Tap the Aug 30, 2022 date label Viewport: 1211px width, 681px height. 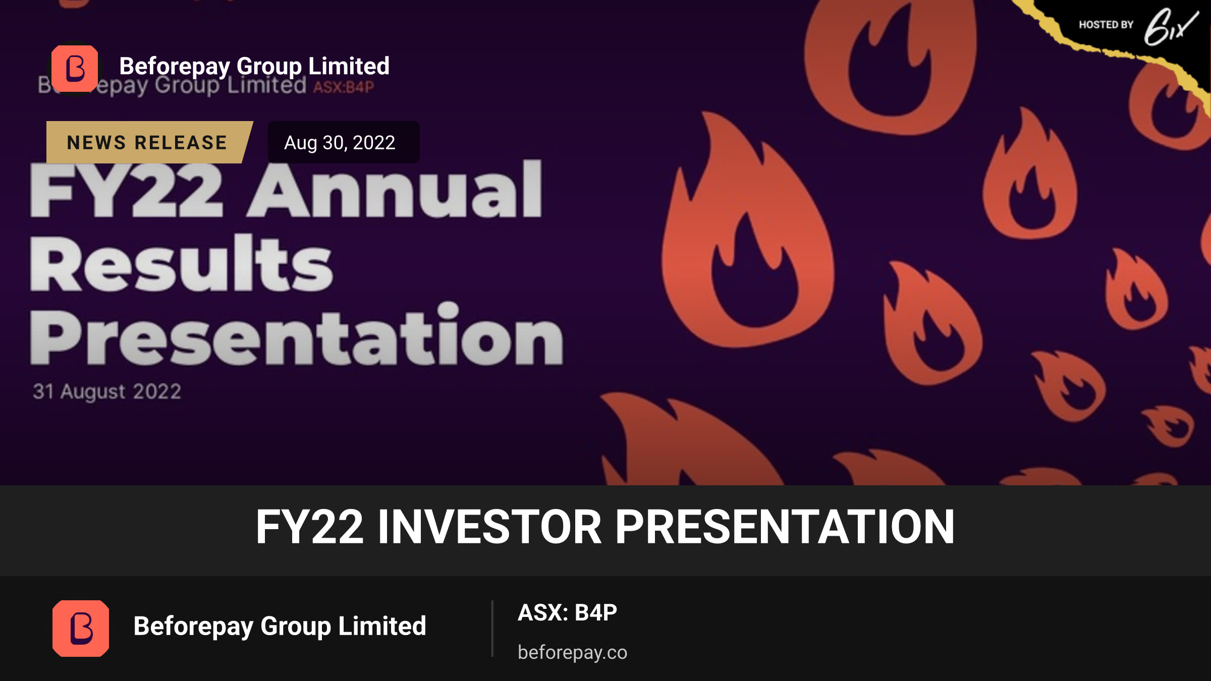pos(340,143)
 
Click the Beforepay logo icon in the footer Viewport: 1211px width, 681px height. pos(81,628)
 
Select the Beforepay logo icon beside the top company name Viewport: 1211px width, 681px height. pos(75,69)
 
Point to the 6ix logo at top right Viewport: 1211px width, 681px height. pos(1171,26)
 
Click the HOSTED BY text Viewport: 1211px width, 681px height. pos(1106,25)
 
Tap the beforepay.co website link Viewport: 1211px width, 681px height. pos(572,652)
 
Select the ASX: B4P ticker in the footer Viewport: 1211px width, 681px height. pos(567,612)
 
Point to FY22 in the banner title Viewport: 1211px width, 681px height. pos(309,527)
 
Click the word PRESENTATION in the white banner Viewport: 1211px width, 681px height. pos(785,527)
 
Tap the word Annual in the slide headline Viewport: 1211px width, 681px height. pos(395,189)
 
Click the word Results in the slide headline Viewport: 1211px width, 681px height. pos(181,263)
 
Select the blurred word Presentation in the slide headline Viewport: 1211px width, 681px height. pos(296,334)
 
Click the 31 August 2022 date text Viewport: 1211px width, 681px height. pos(107,391)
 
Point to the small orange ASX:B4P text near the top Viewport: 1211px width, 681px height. pos(344,87)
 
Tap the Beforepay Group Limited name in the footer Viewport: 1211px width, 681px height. pos(280,627)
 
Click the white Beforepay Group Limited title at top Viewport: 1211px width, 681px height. pos(254,66)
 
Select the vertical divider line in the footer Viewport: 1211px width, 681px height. pos(492,629)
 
